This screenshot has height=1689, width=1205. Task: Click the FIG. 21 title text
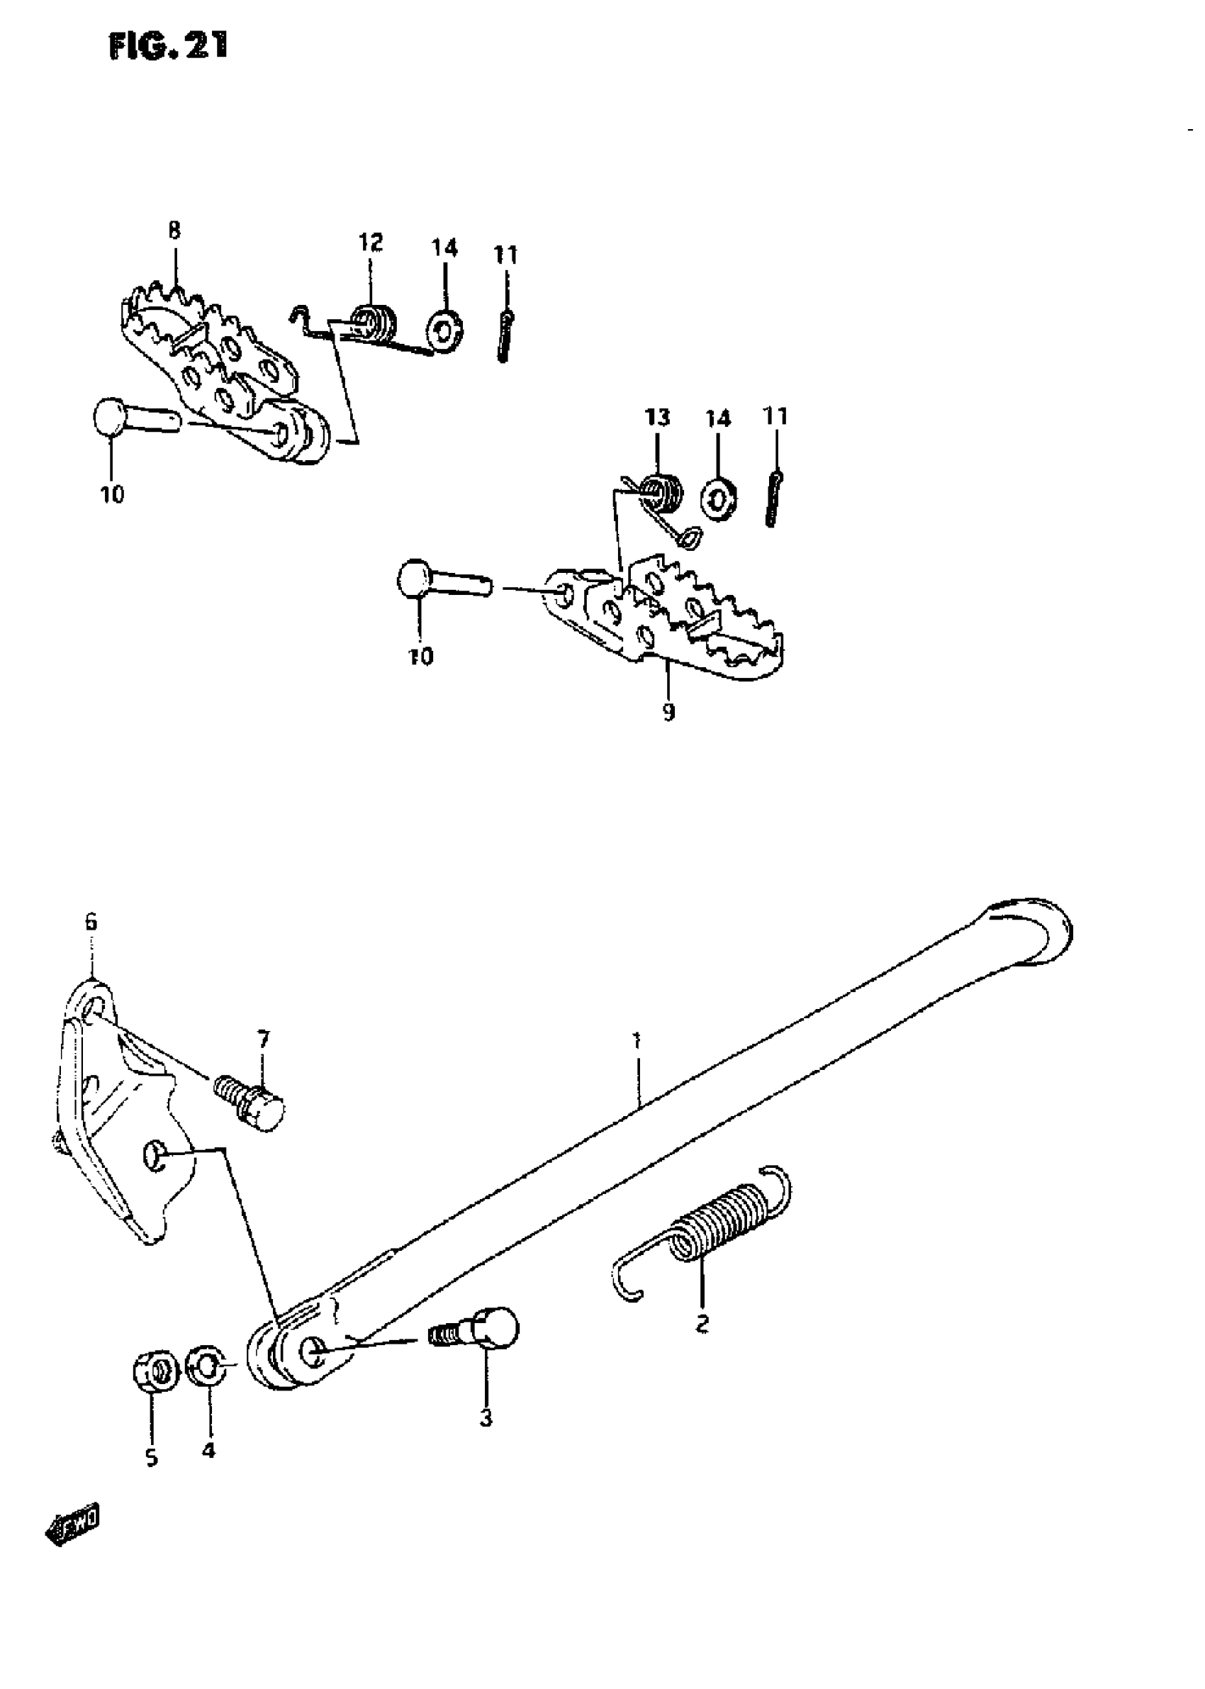(x=169, y=47)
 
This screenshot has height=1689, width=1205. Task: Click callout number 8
(x=174, y=230)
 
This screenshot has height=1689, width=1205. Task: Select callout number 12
(x=370, y=242)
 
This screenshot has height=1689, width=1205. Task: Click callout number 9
(x=668, y=713)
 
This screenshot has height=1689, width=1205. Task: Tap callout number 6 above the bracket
(x=91, y=922)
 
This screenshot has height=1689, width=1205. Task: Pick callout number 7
(x=264, y=1039)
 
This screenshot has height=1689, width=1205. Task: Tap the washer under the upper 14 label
(x=444, y=332)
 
